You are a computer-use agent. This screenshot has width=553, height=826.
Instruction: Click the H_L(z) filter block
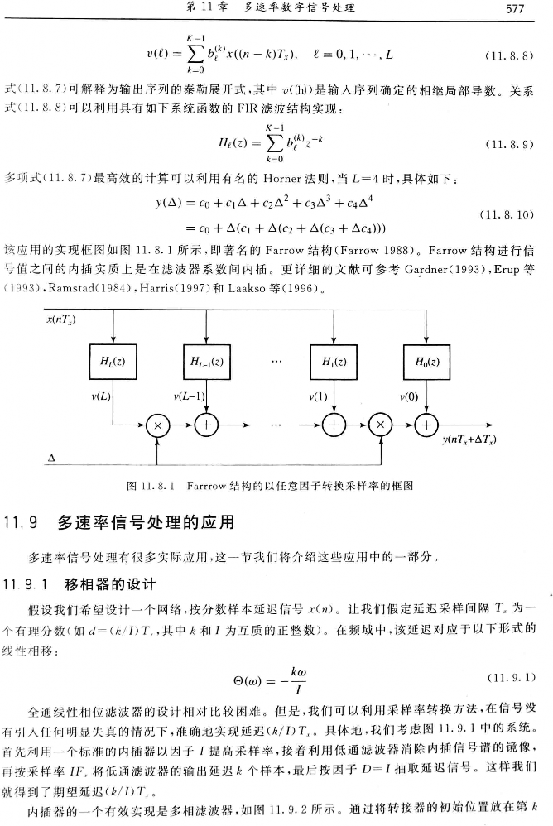[x=112, y=362]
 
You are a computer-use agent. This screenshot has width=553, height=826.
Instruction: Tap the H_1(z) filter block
[x=333, y=362]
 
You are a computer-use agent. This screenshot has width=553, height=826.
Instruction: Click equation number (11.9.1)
[x=512, y=678]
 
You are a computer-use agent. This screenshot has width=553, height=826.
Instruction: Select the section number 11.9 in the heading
[x=22, y=523]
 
